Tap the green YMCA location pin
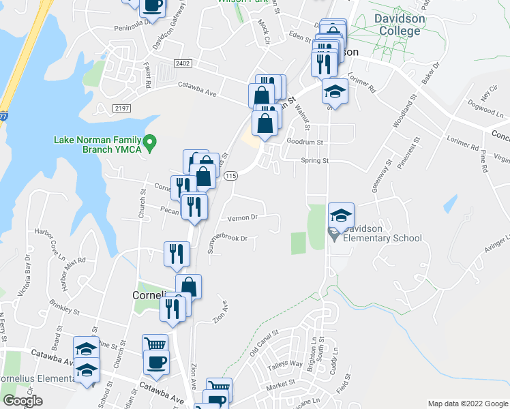coord(153,143)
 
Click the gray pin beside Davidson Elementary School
coord(333,234)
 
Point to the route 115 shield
coord(230,176)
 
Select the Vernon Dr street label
coord(244,217)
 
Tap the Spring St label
coord(315,162)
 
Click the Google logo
coord(22,402)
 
